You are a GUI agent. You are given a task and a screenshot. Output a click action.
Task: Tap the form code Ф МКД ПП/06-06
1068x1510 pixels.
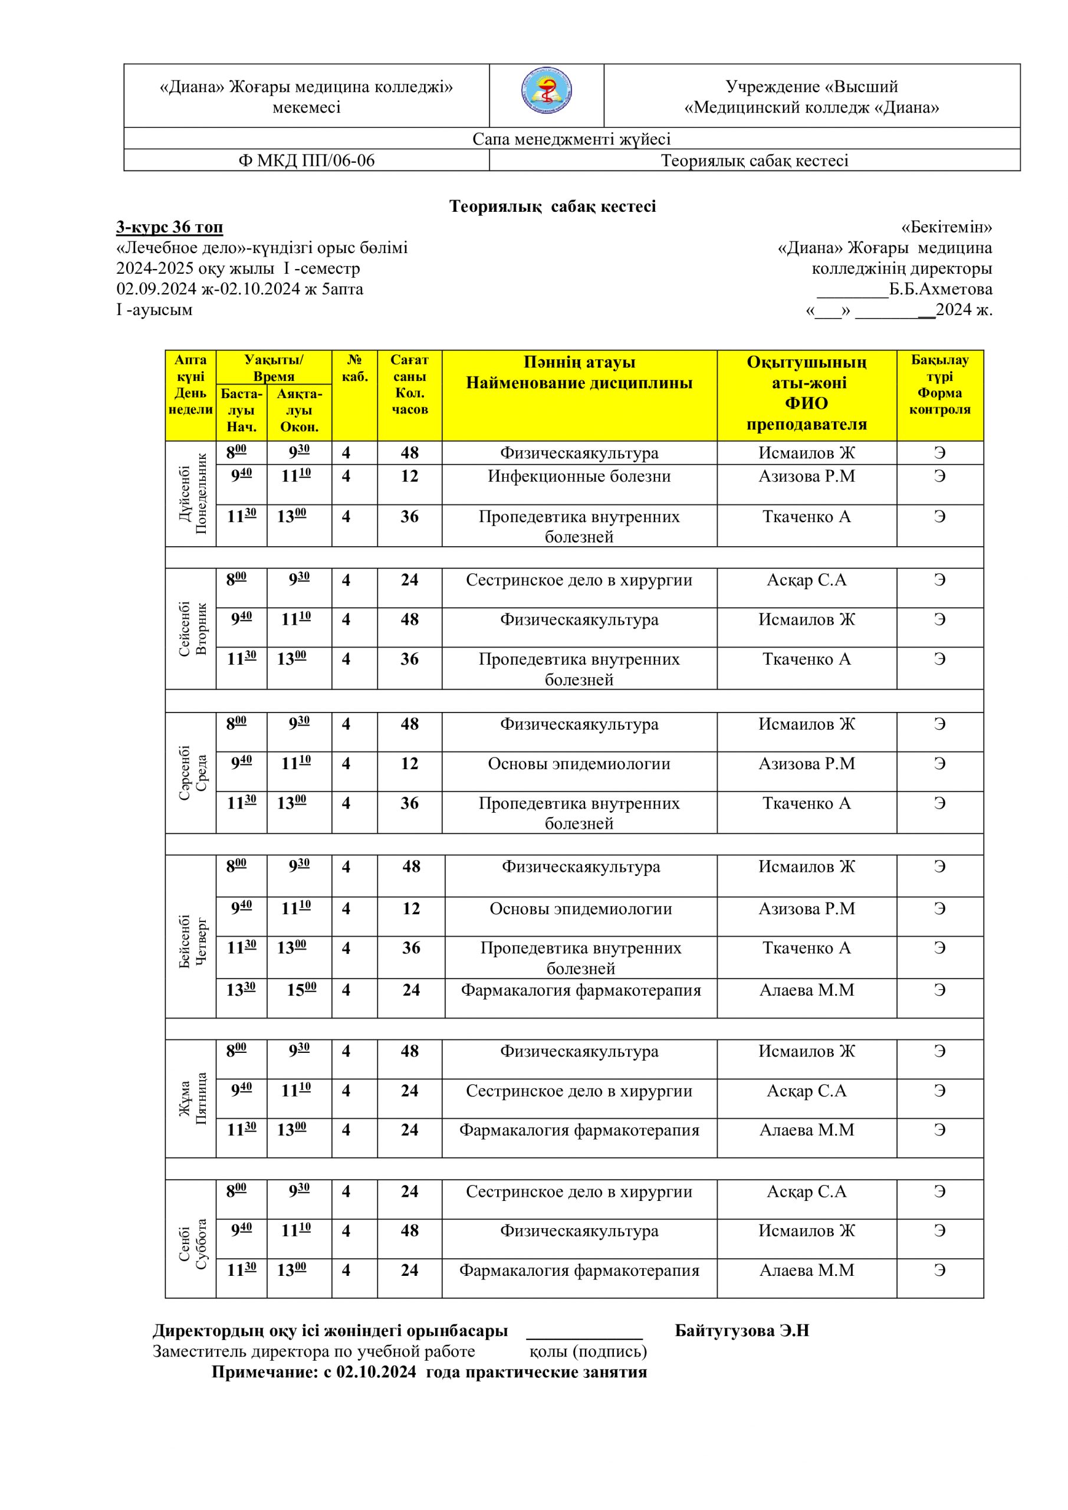click(307, 160)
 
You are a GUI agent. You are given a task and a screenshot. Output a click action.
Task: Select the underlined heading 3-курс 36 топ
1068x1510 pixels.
click(170, 227)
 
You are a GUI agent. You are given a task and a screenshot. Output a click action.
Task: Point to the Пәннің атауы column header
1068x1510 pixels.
click(579, 373)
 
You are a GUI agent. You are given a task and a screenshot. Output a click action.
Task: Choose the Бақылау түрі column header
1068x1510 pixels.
click(940, 385)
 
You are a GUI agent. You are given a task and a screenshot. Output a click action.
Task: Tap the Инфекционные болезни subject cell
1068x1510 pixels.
click(579, 477)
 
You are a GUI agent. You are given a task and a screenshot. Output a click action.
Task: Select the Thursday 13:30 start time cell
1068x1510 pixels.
click(241, 990)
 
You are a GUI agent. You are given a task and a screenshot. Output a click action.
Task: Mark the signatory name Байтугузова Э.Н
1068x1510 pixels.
click(741, 1331)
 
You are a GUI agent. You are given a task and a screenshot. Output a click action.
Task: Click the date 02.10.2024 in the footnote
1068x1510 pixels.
click(376, 1372)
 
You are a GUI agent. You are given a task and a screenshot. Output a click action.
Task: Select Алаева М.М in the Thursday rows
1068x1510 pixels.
click(806, 990)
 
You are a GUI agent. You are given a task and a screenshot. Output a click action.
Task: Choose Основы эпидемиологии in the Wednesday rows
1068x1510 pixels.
click(579, 764)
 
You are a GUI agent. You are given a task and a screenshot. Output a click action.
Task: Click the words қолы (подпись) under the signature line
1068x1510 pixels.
click(588, 1351)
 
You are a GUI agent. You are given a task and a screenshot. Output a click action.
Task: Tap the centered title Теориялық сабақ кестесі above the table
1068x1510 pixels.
click(553, 206)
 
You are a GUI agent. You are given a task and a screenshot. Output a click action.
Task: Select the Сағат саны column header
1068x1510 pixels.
click(409, 385)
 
